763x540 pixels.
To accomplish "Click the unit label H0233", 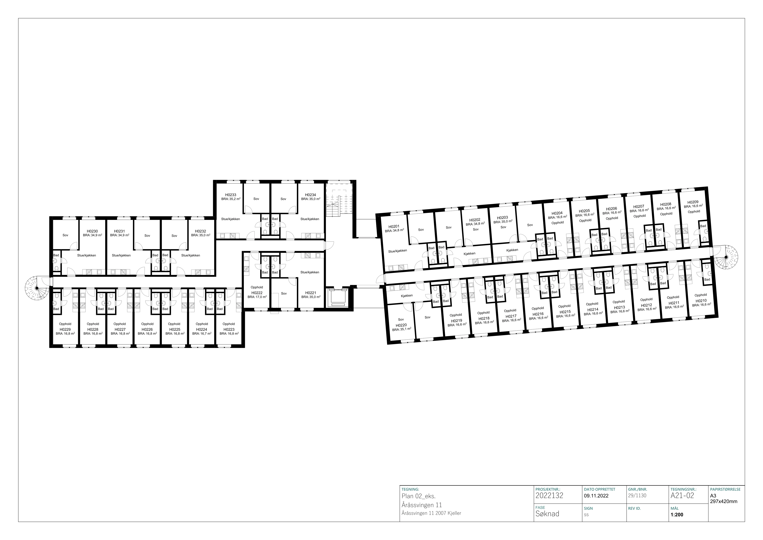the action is coord(231,195).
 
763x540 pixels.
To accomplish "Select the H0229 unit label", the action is coord(65,329).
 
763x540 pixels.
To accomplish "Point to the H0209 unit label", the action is coord(693,202).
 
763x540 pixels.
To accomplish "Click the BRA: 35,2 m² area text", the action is coord(231,199).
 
